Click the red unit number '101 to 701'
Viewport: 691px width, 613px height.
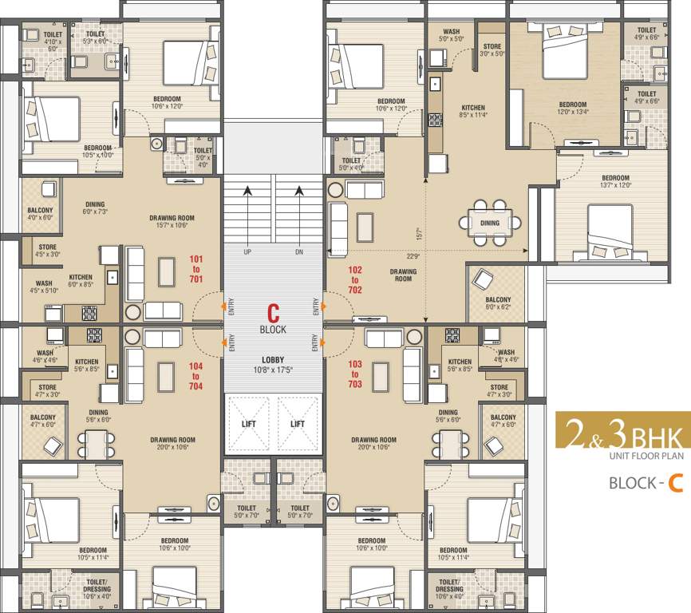click(196, 270)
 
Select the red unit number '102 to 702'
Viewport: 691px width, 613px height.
click(355, 280)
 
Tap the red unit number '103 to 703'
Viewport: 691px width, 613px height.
click(355, 374)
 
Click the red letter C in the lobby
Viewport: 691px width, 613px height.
click(273, 312)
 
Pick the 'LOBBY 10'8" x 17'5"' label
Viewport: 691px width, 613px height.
click(273, 364)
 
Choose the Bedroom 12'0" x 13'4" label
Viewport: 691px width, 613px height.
click(572, 108)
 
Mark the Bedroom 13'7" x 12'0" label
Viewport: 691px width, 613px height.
click(615, 181)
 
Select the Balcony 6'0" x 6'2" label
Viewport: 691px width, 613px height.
click(497, 303)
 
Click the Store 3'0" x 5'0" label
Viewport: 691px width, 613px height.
click(492, 50)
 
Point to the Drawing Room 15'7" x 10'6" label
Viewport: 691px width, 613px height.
click(172, 222)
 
